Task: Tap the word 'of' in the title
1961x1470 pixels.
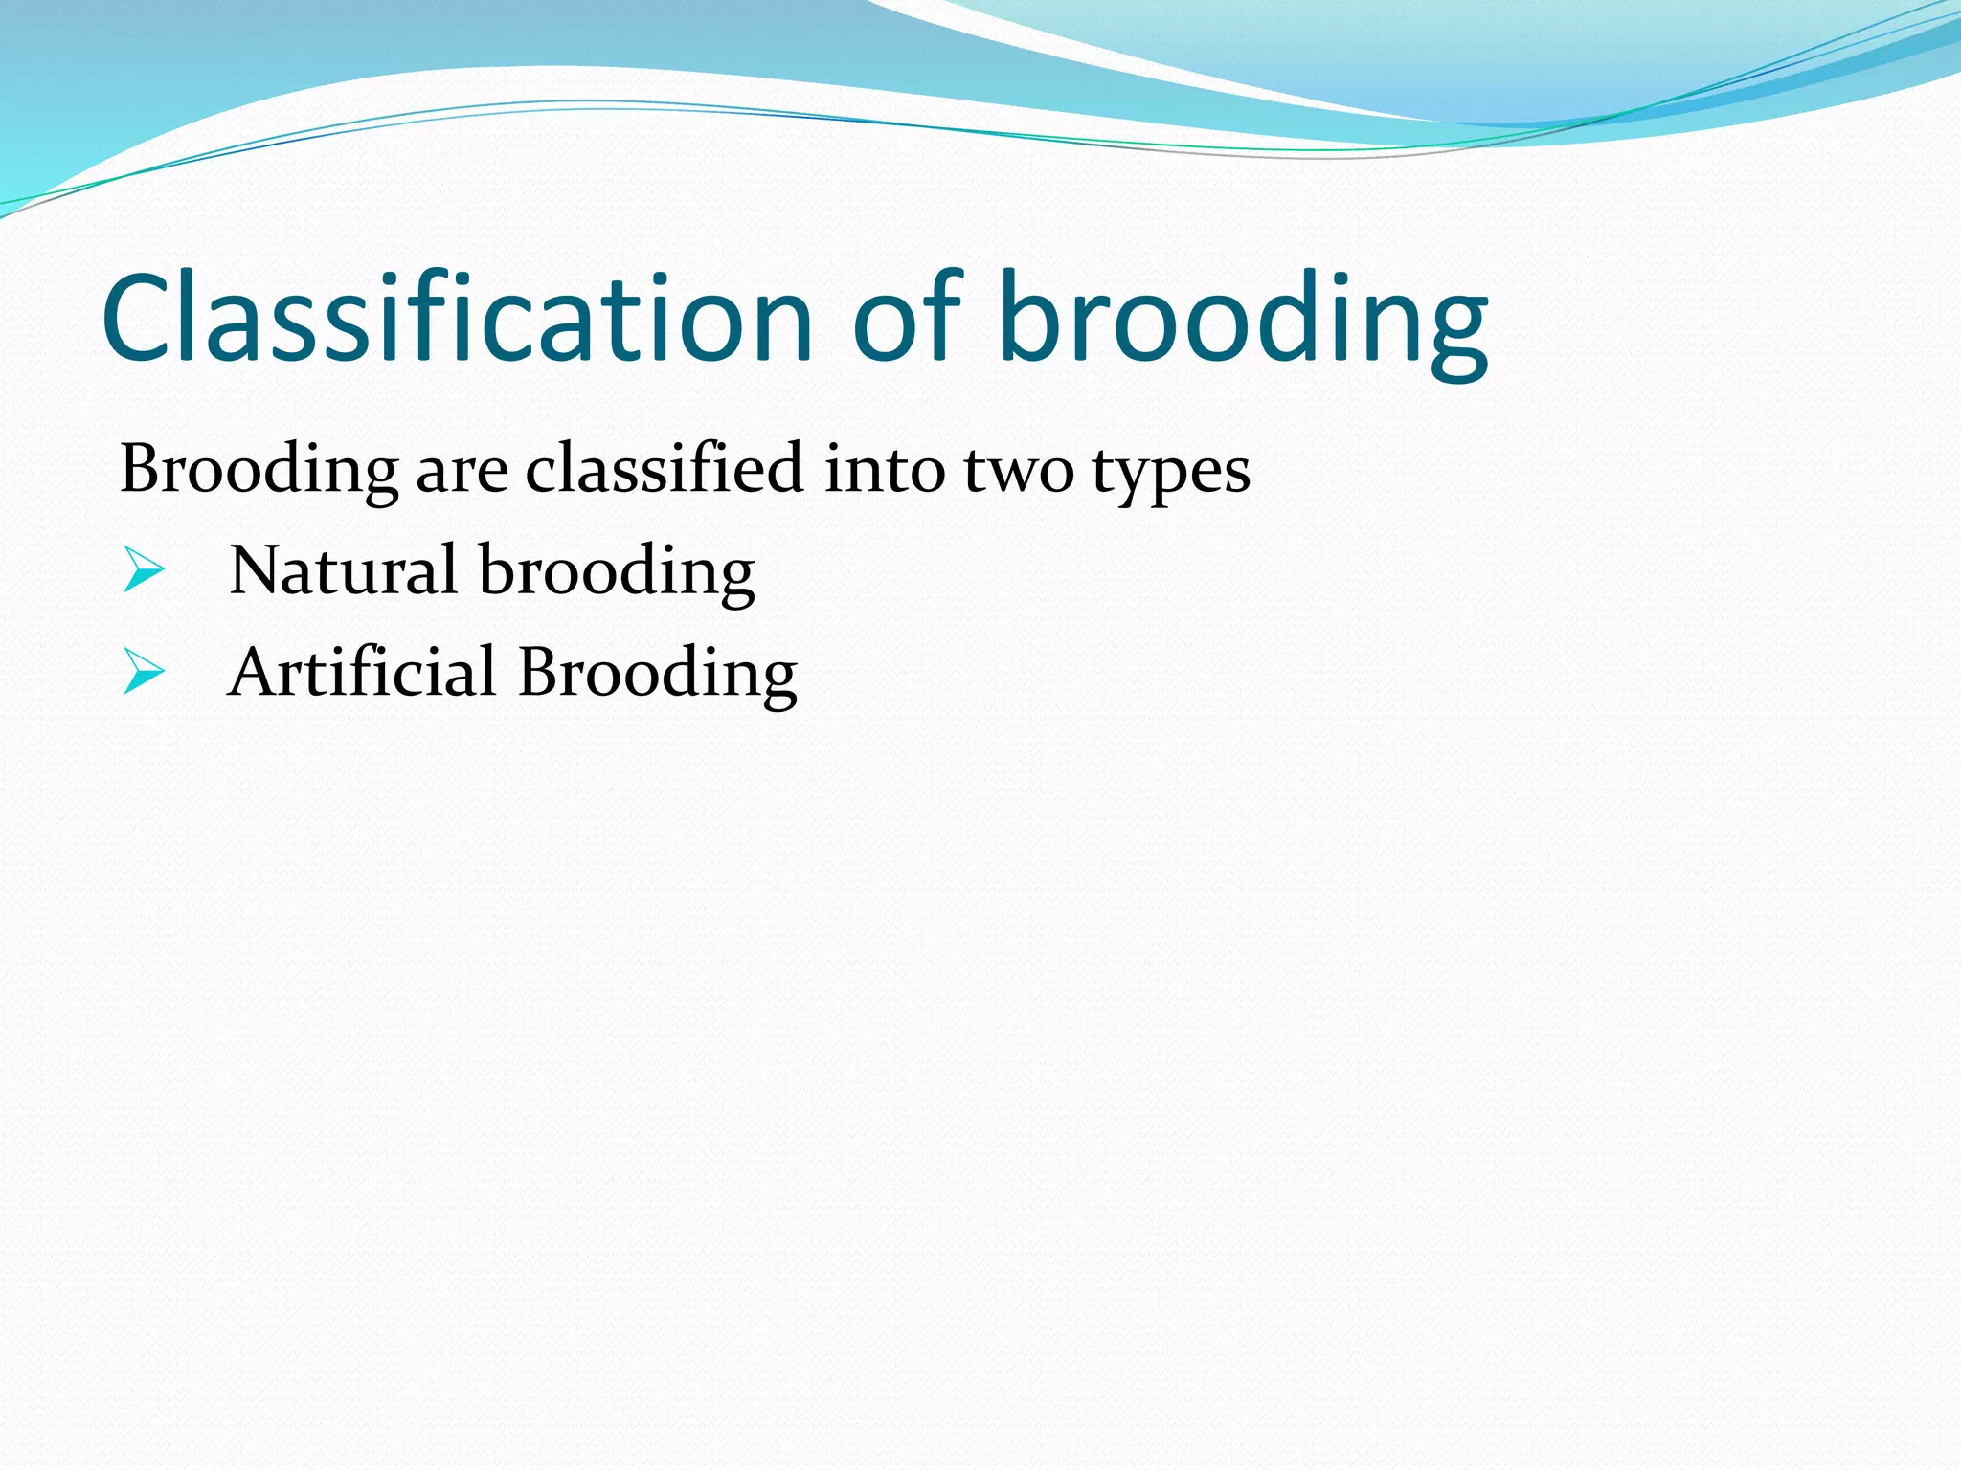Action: (906, 318)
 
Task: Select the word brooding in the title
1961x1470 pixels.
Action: (1243, 321)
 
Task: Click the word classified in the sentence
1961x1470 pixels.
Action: (664, 469)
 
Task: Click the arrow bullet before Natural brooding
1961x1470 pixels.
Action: (144, 571)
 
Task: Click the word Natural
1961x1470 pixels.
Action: (343, 571)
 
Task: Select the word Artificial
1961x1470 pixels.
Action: (362, 672)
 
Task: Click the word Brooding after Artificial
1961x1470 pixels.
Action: (657, 675)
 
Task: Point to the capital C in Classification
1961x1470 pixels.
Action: (142, 318)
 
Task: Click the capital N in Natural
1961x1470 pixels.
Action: (257, 571)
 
